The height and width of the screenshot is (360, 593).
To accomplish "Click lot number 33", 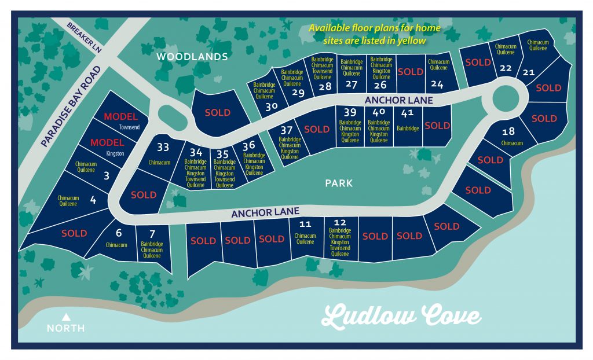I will click(x=163, y=147).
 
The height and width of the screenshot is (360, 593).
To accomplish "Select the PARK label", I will click(x=338, y=183).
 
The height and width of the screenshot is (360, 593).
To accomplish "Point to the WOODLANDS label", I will click(x=192, y=57).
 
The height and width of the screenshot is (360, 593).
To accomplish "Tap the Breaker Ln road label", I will click(x=85, y=38).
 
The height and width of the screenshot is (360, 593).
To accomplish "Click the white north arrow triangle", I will click(x=66, y=317).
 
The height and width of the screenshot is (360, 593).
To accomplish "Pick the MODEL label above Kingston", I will click(x=107, y=142).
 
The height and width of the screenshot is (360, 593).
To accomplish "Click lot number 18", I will click(x=508, y=131).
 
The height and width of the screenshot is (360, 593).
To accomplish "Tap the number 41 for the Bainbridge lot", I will click(x=407, y=113).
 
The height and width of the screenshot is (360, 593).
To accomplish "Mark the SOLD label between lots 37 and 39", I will click(x=316, y=129).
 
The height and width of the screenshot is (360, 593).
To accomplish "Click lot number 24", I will click(x=437, y=85).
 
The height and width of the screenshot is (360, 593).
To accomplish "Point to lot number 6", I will click(x=118, y=233).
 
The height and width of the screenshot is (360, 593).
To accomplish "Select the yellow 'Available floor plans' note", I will click(x=375, y=34).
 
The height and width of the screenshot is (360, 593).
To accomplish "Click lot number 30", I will click(x=269, y=106).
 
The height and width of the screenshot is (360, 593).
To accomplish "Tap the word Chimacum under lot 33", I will click(x=163, y=163).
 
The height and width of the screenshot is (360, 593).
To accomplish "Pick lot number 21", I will click(x=528, y=72).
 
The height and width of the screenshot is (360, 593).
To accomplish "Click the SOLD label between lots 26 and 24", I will click(x=410, y=72).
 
